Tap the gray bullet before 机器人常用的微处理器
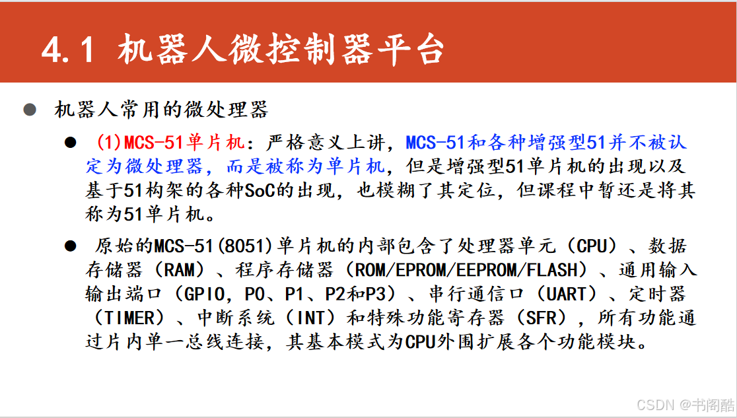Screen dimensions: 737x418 tap(30, 110)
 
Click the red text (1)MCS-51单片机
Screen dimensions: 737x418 tap(170, 142)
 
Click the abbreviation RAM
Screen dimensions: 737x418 tap(179, 270)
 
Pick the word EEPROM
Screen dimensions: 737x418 tap(487, 270)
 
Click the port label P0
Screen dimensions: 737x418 tap(255, 295)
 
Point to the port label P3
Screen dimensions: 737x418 tap(376, 295)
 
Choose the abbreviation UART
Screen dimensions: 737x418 tap(568, 295)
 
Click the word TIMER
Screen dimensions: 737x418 tap(129, 318)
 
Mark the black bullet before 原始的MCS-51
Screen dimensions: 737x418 tap(71, 246)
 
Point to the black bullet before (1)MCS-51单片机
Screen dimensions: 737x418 tap(71, 142)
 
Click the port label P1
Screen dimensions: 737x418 tap(295, 295)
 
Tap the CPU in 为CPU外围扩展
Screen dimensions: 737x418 tap(420, 342)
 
